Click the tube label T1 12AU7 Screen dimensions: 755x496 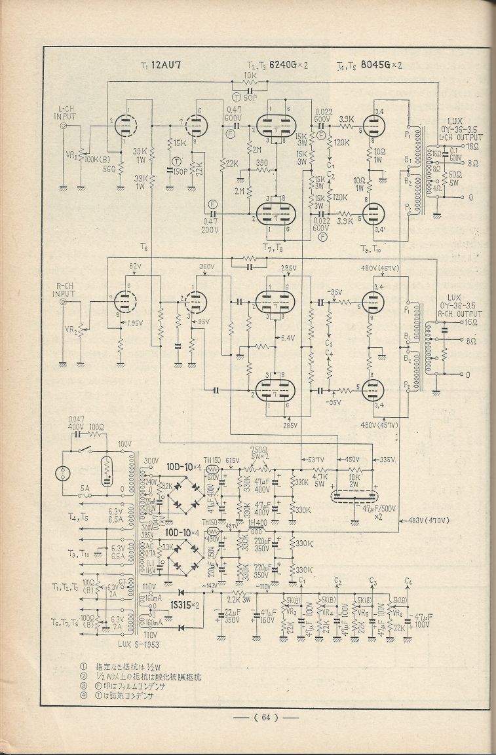point(162,65)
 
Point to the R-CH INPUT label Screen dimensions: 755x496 point(68,290)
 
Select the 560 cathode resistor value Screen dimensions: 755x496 point(109,167)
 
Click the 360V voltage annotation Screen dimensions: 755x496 point(208,267)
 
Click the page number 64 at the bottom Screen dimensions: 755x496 point(265,717)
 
